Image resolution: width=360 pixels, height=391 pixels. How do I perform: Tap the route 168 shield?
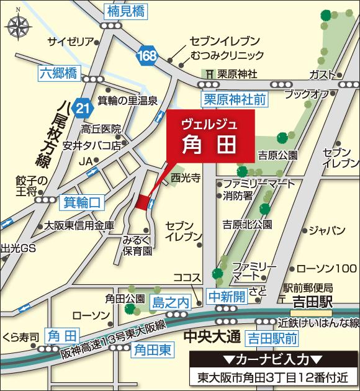click(148, 55)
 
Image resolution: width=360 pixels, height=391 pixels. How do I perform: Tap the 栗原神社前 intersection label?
click(233, 99)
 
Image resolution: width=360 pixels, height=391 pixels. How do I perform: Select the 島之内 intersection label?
click(169, 302)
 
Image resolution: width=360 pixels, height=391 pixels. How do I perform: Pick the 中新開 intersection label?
click(227, 296)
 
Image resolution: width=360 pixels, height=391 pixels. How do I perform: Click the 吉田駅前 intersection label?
click(271, 338)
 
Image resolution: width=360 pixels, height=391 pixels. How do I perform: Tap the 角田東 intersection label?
click(153, 349)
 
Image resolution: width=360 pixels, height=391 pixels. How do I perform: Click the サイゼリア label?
click(72, 41)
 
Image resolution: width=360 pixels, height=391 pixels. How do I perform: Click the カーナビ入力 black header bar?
click(272, 360)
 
